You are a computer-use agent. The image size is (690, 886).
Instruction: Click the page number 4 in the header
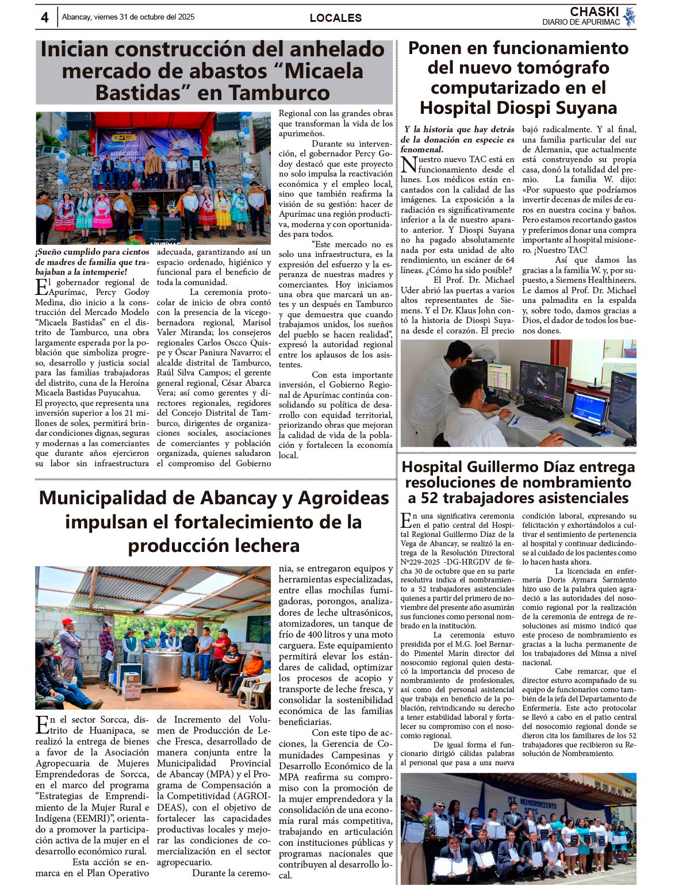44,17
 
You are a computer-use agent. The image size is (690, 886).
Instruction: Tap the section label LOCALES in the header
335,18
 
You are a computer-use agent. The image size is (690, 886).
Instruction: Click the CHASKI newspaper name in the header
594,11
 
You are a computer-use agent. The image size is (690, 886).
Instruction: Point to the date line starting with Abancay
128,17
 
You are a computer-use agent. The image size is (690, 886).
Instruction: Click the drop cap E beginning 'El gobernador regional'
41,286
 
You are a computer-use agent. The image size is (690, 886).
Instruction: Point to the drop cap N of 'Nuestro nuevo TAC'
408,164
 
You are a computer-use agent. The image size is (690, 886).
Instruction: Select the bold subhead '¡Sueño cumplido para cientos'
92,252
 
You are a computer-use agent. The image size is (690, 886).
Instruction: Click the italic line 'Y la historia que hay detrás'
459,129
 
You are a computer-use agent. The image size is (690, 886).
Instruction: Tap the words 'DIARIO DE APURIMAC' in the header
581,22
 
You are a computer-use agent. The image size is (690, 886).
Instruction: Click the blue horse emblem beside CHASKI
629,16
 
